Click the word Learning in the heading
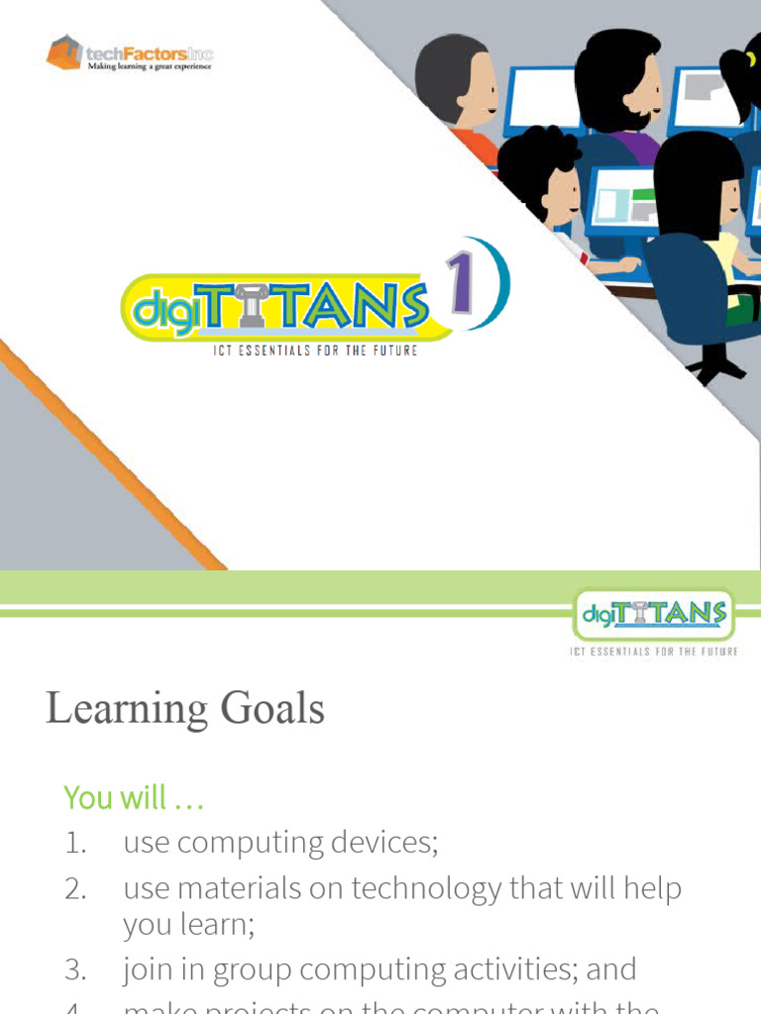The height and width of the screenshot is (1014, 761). coord(126,709)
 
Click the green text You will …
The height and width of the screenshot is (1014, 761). coord(134,797)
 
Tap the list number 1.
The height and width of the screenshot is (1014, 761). coord(75,844)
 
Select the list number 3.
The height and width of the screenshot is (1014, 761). coord(75,969)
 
